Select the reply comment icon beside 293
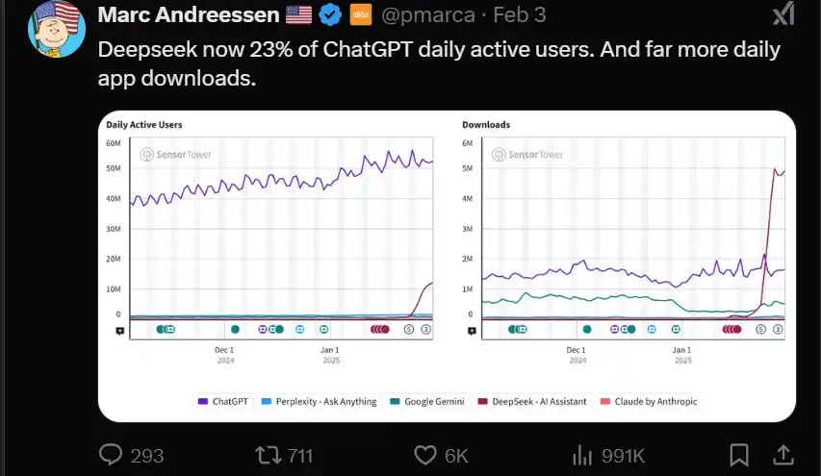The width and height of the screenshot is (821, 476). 113,454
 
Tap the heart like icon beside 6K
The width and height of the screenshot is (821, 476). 424,454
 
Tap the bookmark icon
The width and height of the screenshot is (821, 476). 739,454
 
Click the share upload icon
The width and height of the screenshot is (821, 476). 784,453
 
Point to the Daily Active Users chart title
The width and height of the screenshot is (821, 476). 144,125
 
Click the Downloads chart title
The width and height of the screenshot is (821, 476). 486,125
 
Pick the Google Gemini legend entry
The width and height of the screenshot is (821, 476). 430,401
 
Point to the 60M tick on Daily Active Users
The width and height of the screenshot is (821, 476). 113,143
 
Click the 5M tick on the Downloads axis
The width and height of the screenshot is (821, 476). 468,168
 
